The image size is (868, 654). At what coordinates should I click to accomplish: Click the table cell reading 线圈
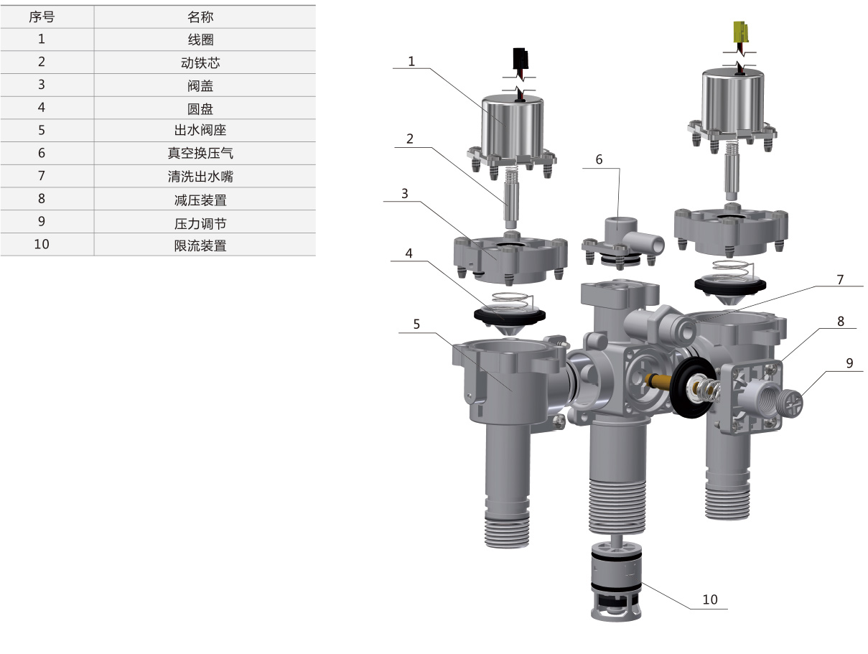[200, 39]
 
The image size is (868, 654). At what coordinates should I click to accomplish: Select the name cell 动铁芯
[200, 62]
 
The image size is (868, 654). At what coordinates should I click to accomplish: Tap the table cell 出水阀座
[200, 130]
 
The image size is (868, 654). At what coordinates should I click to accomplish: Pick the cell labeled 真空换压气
[200, 153]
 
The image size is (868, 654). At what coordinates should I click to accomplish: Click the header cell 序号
[42, 17]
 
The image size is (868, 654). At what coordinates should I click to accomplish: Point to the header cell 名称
[200, 17]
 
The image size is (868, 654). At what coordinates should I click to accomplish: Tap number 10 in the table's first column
[42, 244]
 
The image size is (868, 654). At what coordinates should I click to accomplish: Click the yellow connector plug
[740, 32]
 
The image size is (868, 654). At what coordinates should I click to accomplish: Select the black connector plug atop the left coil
[521, 59]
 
